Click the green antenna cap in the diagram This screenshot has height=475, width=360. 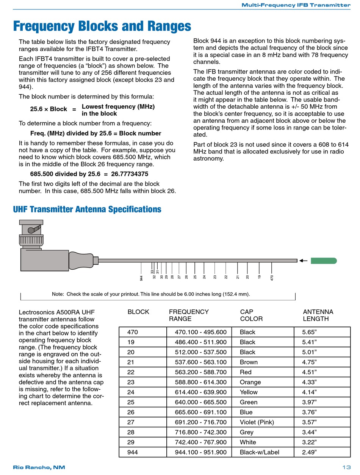[x=324, y=261]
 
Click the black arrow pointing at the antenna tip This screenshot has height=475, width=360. [x=303, y=261]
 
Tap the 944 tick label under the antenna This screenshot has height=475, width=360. [x=141, y=278]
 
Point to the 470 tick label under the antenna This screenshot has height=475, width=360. [x=272, y=277]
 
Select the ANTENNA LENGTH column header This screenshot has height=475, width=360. [x=318, y=315]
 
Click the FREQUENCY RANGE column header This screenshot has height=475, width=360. [x=189, y=315]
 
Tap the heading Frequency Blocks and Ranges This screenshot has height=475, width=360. [x=102, y=27]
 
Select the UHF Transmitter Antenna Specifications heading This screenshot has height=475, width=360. [x=87, y=209]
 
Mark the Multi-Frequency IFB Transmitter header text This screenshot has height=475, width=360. [x=296, y=5]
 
